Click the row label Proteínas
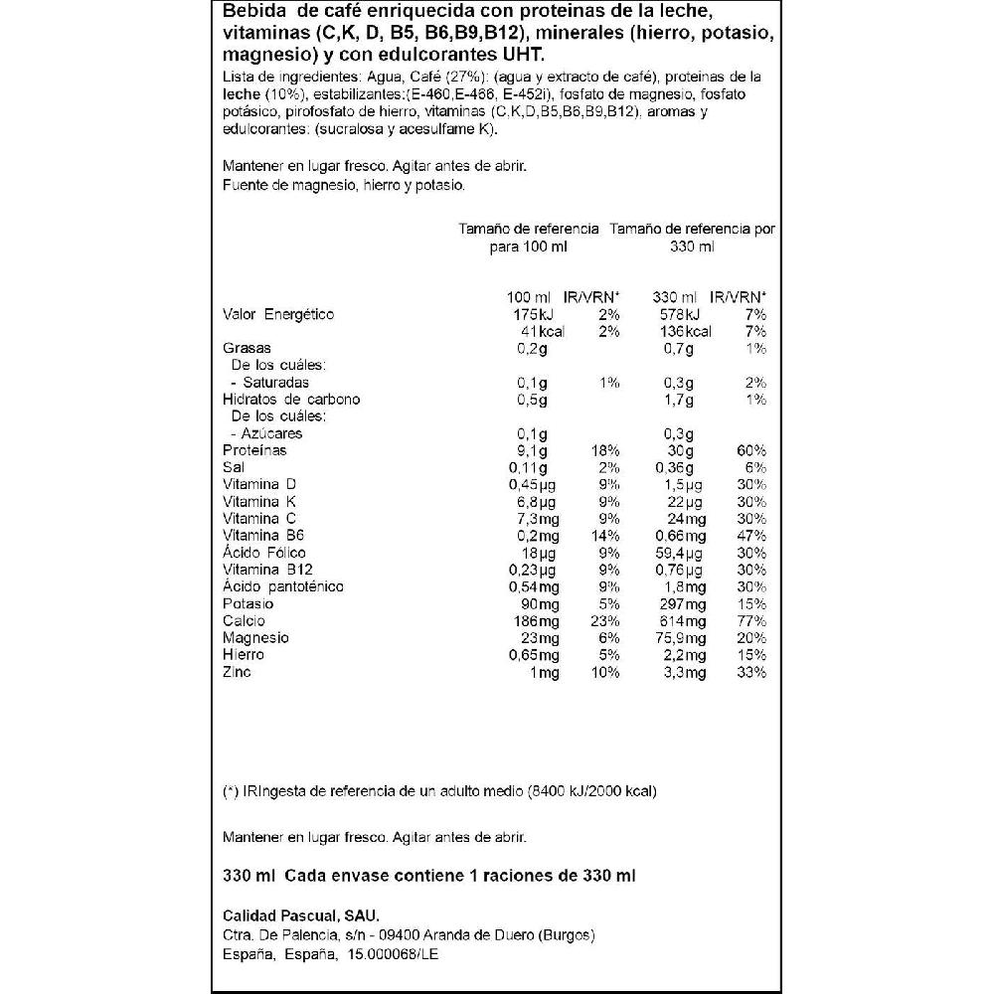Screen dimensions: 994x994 coord(254,450)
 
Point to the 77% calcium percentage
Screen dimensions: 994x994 coord(751,620)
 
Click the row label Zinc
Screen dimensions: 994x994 coord(238,672)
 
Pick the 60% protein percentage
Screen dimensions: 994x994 coord(751,450)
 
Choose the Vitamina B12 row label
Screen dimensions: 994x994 coord(266,570)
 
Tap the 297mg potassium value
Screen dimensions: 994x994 coord(684,603)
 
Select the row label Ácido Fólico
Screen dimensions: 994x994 coord(264,553)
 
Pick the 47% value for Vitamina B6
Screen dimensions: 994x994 coord(751,536)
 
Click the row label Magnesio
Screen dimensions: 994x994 coord(256,637)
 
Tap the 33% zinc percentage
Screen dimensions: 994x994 coord(751,672)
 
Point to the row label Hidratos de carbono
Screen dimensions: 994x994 coord(291,400)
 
